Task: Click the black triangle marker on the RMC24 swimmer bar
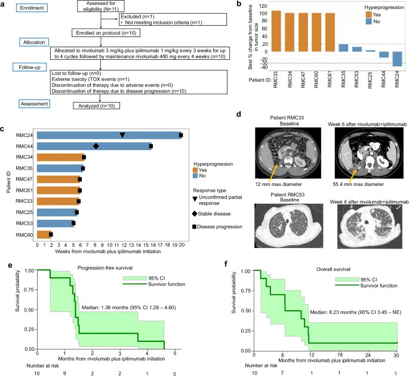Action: coord(122,135)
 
